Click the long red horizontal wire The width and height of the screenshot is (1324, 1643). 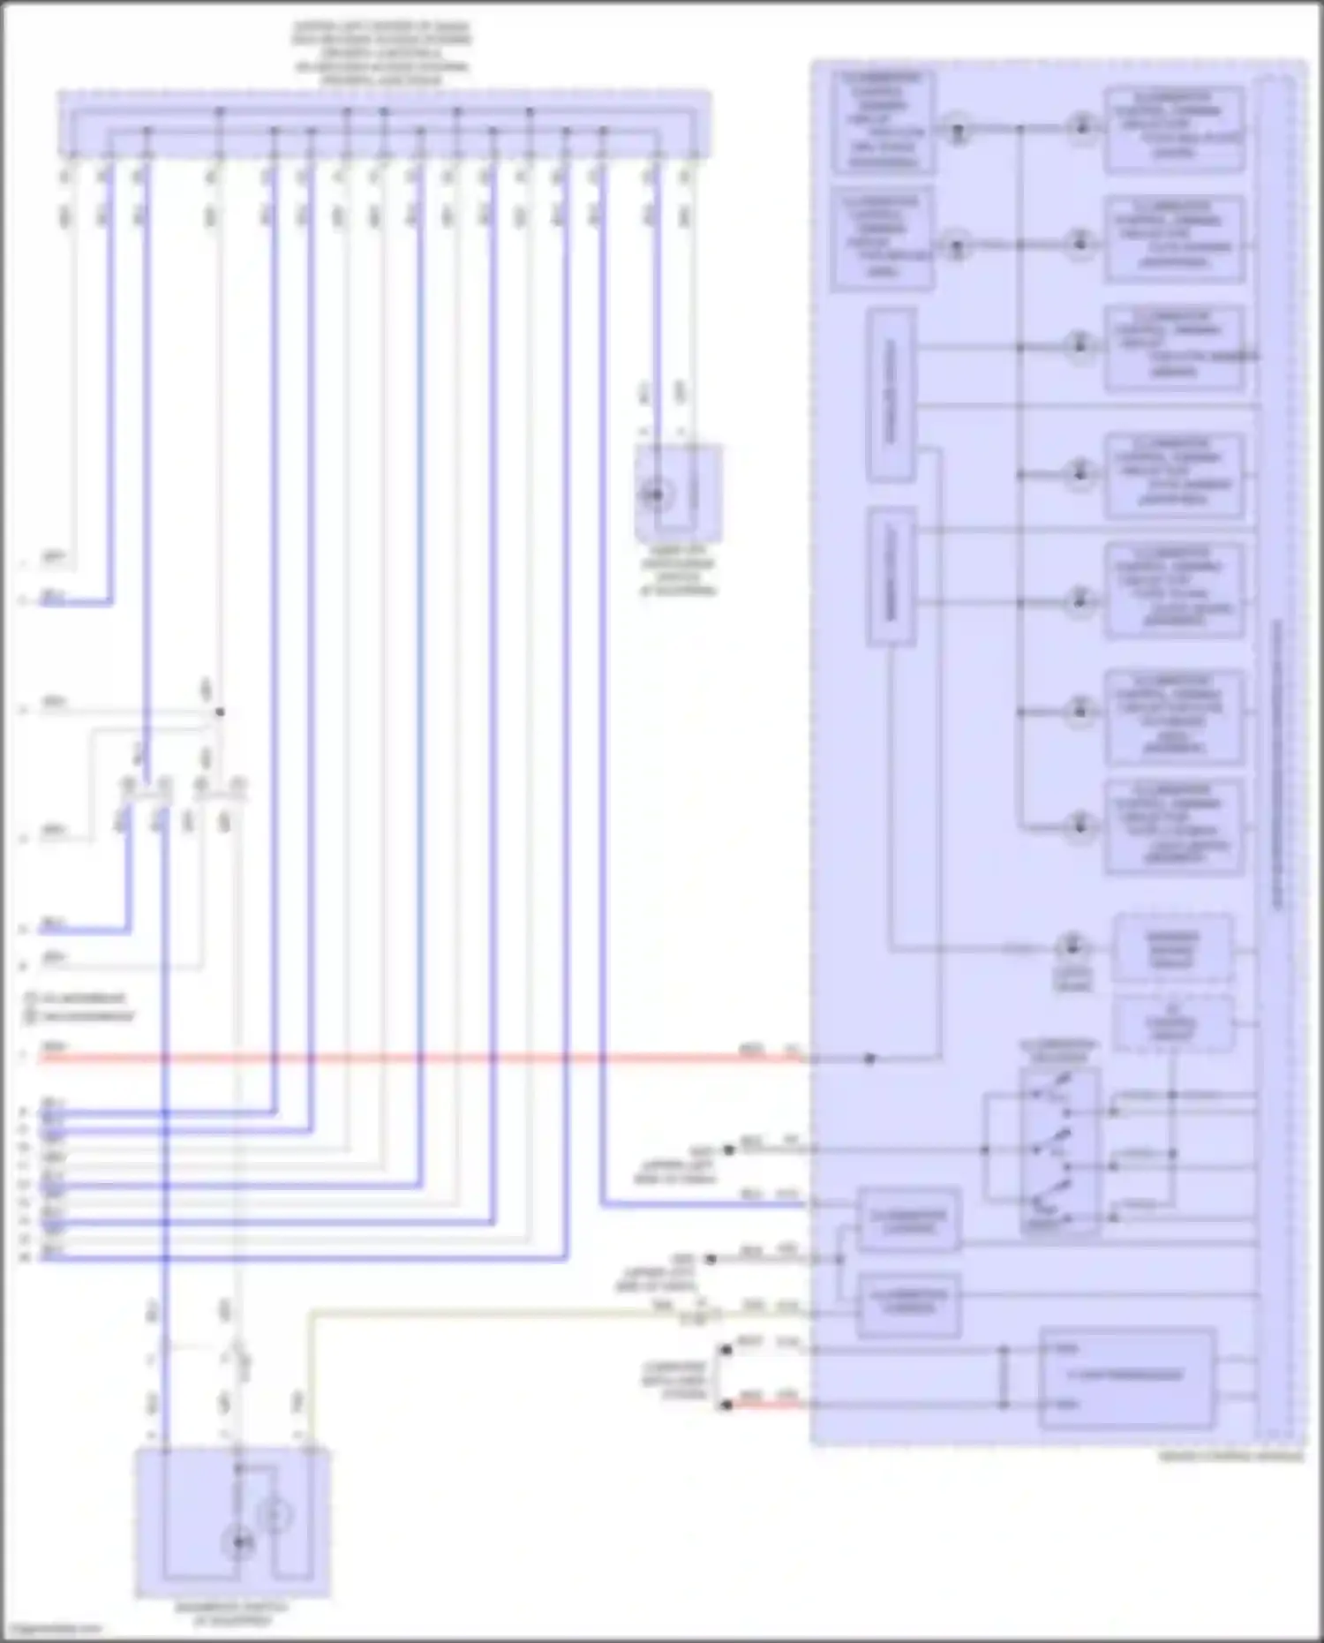point(424,1058)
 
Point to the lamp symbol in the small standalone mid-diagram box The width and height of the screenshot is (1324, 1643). point(656,494)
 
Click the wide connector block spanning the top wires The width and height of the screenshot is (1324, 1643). point(384,124)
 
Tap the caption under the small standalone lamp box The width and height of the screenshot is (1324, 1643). point(678,577)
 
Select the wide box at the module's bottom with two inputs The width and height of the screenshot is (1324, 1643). point(1127,1376)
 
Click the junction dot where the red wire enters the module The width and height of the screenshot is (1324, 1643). point(869,1058)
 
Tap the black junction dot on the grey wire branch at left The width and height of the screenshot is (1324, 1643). point(220,712)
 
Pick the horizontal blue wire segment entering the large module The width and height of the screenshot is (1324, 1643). point(706,1203)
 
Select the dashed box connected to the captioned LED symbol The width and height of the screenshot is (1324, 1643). point(1172,948)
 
